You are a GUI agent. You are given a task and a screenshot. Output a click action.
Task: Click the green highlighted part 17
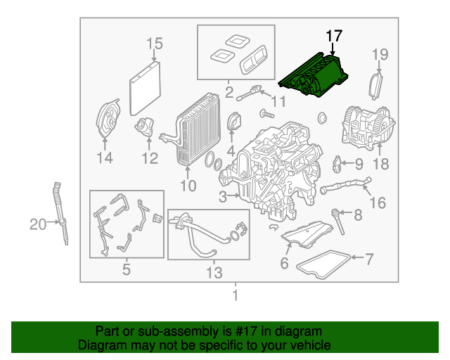(314, 75)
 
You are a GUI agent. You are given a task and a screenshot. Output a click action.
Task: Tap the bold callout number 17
(335, 36)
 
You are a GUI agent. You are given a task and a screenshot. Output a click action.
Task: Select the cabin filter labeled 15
(145, 89)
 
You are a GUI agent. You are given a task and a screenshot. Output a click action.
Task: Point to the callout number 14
(105, 158)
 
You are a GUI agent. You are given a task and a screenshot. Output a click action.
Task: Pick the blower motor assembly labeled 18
(368, 129)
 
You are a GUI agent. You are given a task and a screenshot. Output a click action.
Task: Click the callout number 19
(380, 54)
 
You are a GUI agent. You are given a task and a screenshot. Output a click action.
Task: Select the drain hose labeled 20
(61, 213)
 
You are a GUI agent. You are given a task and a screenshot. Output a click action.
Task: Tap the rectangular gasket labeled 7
(323, 264)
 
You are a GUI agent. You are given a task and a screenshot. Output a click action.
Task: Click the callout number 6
(284, 263)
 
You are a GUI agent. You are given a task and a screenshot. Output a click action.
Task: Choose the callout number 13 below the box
(214, 272)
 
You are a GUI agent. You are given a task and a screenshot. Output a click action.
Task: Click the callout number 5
(127, 269)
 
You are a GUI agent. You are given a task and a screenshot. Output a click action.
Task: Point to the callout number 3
(223, 197)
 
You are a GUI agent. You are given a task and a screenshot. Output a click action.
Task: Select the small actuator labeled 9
(337, 165)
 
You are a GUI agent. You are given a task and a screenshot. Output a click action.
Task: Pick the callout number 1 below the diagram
(236, 295)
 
